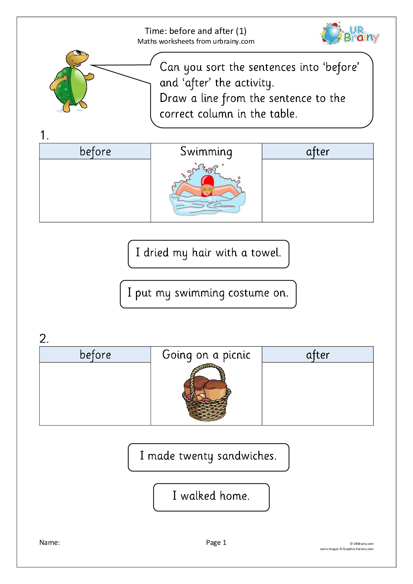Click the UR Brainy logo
[350, 34]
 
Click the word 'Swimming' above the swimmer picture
[206, 152]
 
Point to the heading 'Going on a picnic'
[206, 355]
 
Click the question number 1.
[44, 135]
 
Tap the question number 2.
[44, 339]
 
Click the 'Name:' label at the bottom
[50, 542]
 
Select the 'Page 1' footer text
[216, 543]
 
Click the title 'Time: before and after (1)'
[196, 31]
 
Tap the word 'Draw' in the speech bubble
[173, 98]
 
